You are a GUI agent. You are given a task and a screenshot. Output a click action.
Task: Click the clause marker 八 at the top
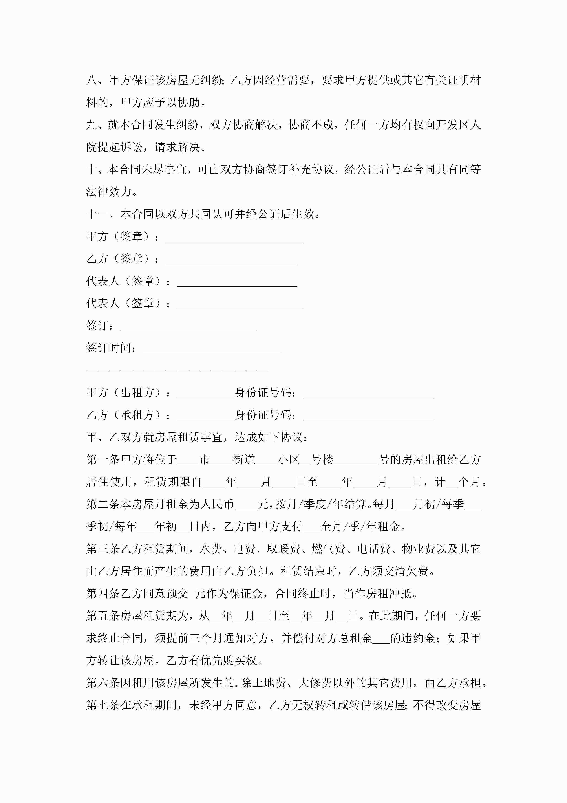click(92, 80)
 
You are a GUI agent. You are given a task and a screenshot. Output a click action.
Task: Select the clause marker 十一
click(97, 214)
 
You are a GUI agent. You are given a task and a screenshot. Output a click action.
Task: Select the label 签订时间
click(109, 348)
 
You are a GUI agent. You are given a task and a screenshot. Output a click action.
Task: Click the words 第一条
click(103, 460)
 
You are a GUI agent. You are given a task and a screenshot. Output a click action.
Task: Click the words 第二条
click(103, 504)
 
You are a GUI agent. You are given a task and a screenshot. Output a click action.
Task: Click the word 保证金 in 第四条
click(245, 594)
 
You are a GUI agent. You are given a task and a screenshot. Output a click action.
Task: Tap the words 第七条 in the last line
click(103, 705)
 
